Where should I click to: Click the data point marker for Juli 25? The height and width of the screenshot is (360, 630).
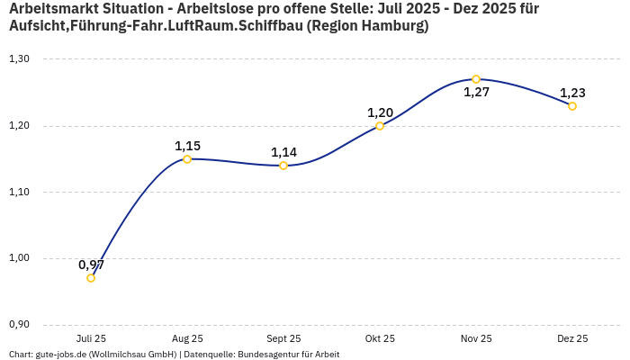[91, 278]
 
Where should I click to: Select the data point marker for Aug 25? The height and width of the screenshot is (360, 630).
[187, 159]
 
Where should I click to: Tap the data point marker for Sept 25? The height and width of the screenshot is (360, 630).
[283, 166]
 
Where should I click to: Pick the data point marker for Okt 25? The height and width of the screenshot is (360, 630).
[380, 126]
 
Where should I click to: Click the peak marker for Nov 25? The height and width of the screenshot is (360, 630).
[476, 79]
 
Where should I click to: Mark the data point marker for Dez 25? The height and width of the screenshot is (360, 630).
[572, 106]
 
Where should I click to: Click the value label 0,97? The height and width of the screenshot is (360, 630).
[91, 265]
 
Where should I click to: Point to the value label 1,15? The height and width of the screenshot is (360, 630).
[187, 146]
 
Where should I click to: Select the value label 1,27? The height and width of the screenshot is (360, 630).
[476, 92]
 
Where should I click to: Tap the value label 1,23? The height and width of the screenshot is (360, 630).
[572, 93]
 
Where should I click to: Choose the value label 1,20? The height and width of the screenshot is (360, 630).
[380, 112]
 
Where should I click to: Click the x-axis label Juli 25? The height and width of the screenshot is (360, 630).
[91, 338]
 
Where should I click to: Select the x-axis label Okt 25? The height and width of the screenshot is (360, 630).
[380, 338]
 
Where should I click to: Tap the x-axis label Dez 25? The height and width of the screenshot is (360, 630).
[572, 338]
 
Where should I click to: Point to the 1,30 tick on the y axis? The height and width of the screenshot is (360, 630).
[19, 59]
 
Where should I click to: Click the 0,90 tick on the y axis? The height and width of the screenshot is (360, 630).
[19, 325]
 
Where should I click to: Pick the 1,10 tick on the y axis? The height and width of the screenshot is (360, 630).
[19, 192]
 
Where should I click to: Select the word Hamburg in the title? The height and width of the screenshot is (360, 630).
[394, 26]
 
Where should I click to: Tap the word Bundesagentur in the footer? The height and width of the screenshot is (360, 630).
[264, 355]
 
